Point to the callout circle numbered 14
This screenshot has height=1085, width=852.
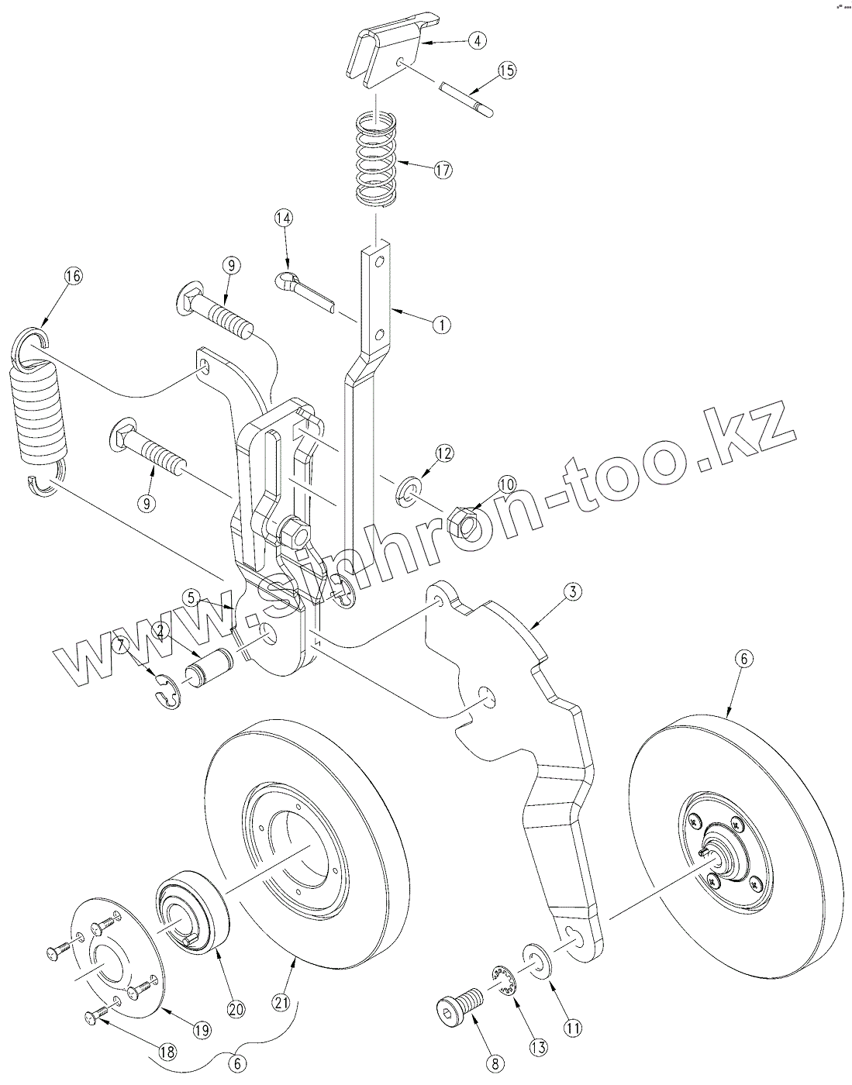coord(283,219)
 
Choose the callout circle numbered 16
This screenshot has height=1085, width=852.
coord(74,277)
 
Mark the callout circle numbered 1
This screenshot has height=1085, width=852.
coord(441,325)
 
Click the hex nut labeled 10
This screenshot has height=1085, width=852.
coord(463,523)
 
